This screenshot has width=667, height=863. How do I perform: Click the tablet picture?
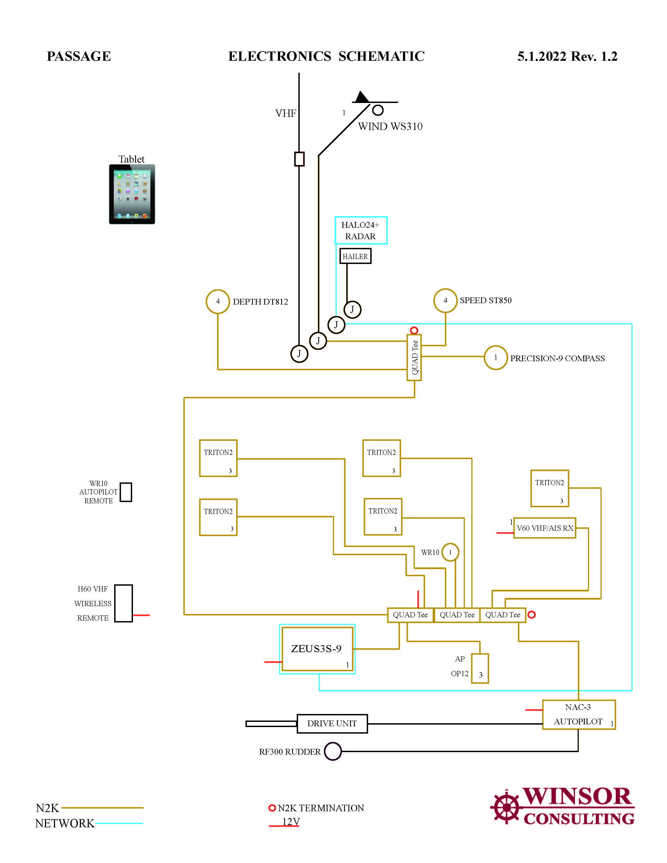[132, 194]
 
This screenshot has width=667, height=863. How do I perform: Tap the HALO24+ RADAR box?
[361, 230]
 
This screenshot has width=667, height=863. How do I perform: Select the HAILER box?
[355, 256]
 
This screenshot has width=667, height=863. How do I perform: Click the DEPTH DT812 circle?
[218, 302]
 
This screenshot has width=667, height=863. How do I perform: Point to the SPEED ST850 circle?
[445, 300]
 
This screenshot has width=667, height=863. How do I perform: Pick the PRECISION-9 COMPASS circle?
[496, 358]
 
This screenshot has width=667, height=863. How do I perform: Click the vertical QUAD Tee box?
[414, 358]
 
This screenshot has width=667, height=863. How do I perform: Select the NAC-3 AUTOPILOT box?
[578, 715]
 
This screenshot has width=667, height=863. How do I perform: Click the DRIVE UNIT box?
[332, 724]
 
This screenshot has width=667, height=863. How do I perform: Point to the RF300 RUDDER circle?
[333, 751]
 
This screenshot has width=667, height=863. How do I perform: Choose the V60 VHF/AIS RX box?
[544, 528]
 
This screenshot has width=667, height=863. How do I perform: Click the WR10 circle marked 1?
[450, 552]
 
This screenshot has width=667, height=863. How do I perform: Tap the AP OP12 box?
[480, 668]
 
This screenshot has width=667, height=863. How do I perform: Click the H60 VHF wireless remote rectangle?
[123, 603]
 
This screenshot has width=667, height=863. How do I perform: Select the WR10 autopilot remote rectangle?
[126, 492]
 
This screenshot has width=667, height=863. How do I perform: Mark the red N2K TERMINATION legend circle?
[272, 808]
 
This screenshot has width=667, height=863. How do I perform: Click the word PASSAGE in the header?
[79, 56]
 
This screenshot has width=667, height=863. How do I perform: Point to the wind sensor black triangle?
[361, 97]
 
